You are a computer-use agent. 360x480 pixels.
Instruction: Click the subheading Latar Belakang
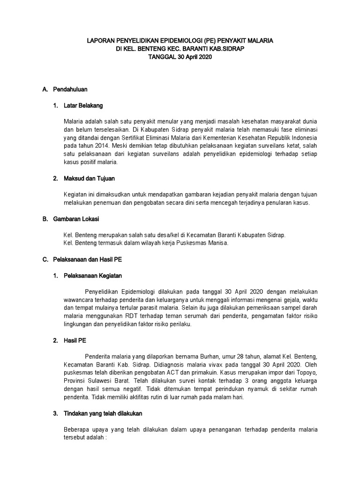pos(83,105)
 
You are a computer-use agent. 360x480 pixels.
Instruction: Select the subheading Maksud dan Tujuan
pos(90,179)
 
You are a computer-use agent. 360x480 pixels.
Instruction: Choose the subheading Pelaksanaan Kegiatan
pos(93,276)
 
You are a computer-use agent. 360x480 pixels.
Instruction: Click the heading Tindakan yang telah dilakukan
pos(103,414)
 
